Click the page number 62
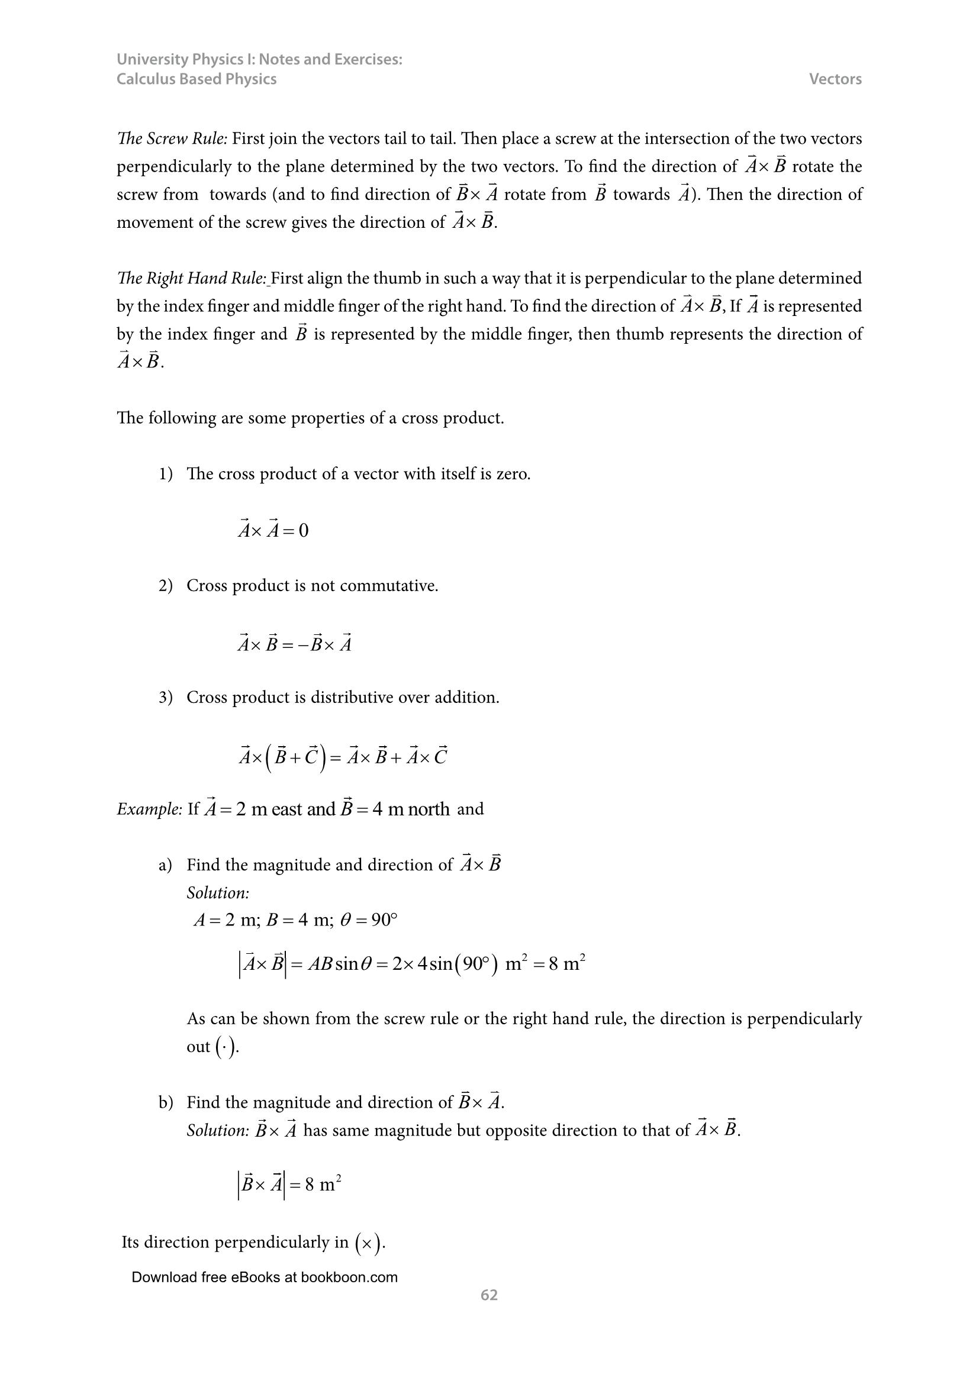tap(489, 1295)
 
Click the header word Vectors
tap(835, 79)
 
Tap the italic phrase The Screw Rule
tap(172, 138)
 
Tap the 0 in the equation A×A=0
tap(303, 530)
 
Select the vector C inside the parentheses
tap(311, 757)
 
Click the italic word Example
tap(149, 809)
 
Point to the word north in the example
tap(428, 809)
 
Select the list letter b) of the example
tap(166, 1102)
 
